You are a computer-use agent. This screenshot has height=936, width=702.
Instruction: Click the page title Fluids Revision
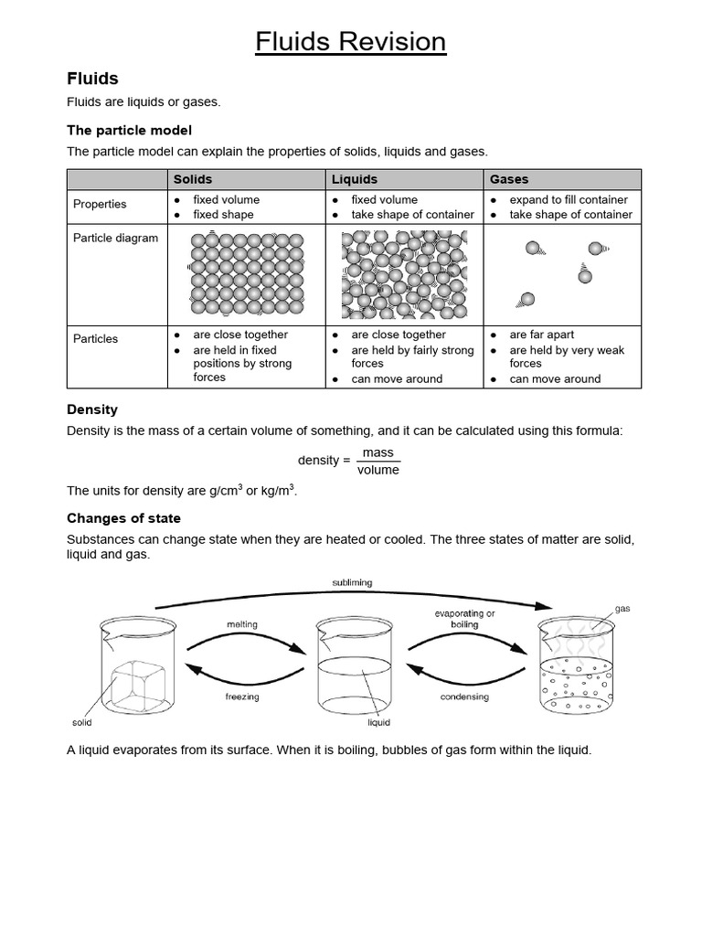[351, 42]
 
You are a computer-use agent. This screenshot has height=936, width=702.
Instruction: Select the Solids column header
[193, 179]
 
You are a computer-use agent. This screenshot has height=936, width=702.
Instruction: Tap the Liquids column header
[355, 179]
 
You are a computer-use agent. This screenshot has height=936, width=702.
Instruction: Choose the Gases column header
[509, 179]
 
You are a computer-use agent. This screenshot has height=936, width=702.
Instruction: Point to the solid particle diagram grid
[245, 273]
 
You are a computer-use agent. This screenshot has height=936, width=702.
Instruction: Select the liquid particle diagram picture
[403, 274]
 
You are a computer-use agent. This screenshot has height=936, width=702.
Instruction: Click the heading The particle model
[129, 131]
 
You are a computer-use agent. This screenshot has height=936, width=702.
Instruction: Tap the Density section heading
[92, 409]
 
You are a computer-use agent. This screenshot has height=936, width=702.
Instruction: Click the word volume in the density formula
[378, 470]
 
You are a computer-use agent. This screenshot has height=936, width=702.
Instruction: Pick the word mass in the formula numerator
[378, 452]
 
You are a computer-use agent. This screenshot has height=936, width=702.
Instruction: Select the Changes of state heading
[123, 518]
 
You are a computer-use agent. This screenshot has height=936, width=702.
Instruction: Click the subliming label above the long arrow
[351, 582]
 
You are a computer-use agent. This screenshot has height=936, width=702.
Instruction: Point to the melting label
[242, 624]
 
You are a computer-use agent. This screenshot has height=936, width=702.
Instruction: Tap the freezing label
[242, 697]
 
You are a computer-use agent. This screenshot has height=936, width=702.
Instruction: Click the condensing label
[464, 697]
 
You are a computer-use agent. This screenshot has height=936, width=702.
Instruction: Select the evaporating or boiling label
[464, 619]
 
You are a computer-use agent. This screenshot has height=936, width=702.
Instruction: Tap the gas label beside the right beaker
[622, 608]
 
